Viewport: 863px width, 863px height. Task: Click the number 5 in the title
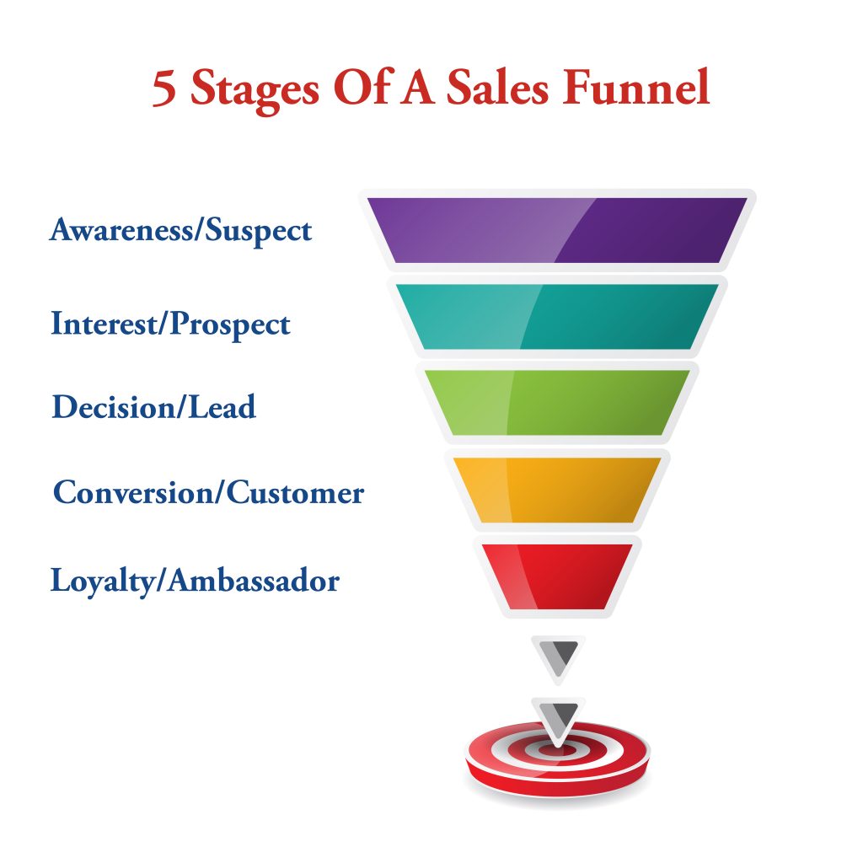point(164,88)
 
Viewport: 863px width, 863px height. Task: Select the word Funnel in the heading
point(636,87)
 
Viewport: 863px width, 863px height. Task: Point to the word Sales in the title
point(497,87)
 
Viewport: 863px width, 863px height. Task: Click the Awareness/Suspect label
point(181,230)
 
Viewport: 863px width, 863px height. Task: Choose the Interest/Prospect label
point(170,324)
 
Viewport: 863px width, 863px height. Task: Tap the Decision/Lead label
point(154,407)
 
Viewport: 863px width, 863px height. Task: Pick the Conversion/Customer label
point(209,491)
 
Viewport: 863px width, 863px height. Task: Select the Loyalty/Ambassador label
point(195,580)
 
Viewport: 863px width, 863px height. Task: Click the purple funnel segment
point(558,230)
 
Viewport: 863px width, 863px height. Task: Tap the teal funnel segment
point(558,317)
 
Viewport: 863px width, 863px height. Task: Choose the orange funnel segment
point(558,490)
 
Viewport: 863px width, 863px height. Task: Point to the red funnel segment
point(558,576)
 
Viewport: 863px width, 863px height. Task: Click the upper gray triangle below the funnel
point(558,655)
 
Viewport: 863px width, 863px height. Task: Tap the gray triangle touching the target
point(558,718)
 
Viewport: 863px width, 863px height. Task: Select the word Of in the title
point(364,87)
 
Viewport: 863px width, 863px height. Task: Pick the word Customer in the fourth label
point(295,491)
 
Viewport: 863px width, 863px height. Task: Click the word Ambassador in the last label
point(254,580)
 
